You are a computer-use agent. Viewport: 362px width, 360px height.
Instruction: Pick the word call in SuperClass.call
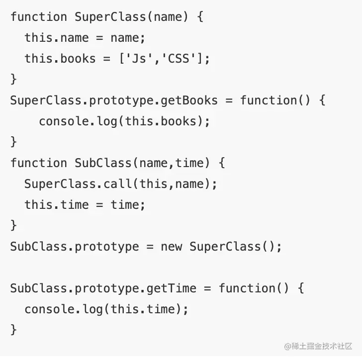point(118,184)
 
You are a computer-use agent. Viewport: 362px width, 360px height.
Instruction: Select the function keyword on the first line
point(38,17)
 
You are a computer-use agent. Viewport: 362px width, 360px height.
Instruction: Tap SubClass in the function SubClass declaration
point(103,163)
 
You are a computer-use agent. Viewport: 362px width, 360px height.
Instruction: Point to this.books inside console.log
point(160,121)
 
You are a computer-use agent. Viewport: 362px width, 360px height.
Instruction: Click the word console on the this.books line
point(64,121)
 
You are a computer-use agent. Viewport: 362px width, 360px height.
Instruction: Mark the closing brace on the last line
point(13,330)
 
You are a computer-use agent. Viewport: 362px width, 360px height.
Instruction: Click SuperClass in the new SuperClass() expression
point(225,247)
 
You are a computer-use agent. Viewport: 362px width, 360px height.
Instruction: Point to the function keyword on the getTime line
point(247,288)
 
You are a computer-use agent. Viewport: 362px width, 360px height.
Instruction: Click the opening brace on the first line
point(200,17)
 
